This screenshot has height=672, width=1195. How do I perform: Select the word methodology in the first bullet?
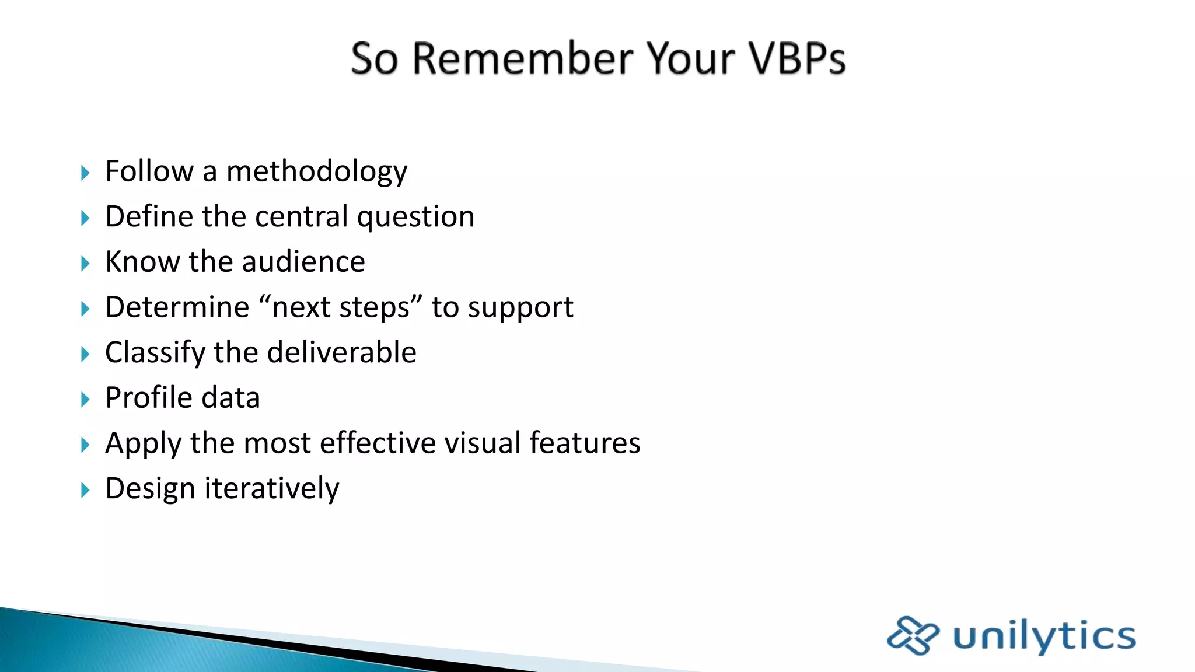[x=316, y=172]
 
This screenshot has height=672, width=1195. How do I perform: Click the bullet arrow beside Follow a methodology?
[x=85, y=173]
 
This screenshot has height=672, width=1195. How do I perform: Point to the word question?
[x=415, y=218]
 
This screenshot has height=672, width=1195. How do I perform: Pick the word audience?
[x=303, y=262]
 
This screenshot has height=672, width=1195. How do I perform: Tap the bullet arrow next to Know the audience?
[x=85, y=264]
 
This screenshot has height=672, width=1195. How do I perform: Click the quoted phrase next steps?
[x=340, y=307]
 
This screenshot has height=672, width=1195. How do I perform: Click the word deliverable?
[x=341, y=352]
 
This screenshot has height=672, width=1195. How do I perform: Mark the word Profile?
[x=149, y=398]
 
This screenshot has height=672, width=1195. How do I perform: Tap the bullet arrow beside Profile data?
[x=85, y=400]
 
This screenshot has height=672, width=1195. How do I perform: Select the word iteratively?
[x=271, y=488]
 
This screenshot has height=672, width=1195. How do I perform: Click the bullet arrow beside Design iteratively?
[x=85, y=490]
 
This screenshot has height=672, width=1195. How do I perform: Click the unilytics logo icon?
[x=913, y=635]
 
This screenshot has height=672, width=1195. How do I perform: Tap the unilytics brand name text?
[x=1044, y=635]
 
